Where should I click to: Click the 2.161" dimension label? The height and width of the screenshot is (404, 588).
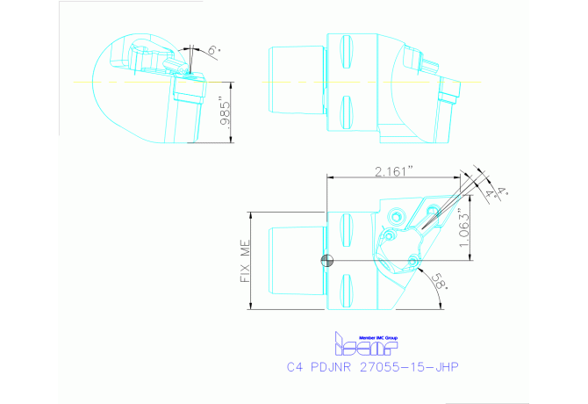point(388,172)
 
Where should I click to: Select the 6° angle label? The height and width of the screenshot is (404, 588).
point(212,51)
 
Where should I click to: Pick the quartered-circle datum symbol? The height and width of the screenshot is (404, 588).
point(327,259)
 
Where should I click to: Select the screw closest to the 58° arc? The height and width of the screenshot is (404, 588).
point(412,259)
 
